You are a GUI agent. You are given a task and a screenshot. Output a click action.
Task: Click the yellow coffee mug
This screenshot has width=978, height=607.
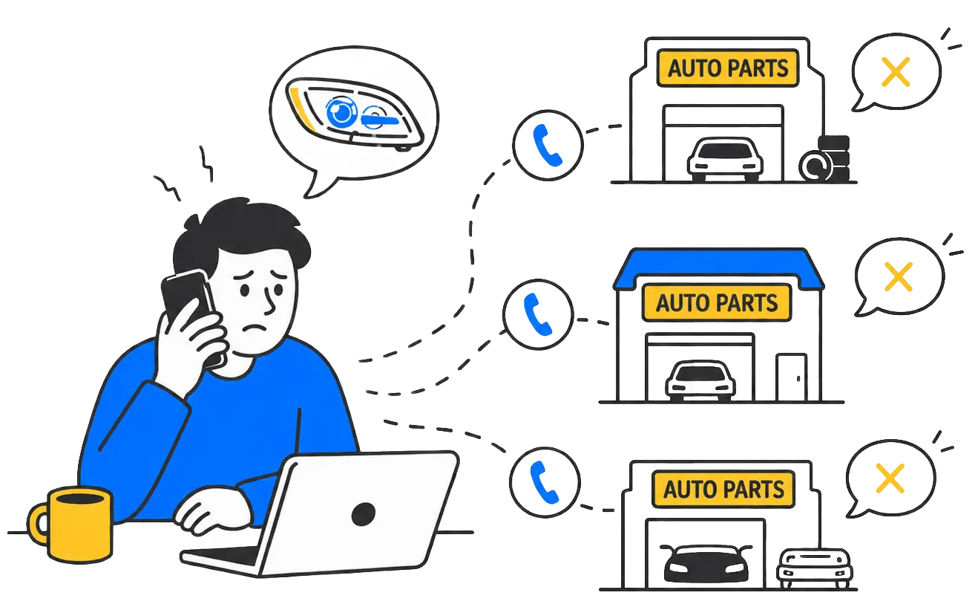point(72,525)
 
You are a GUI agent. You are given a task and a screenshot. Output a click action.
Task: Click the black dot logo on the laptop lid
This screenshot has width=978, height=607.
point(364,514)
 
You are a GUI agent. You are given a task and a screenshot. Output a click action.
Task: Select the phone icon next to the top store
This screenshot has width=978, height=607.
point(548,145)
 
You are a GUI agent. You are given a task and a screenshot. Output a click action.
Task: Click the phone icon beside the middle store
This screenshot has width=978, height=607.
point(538,314)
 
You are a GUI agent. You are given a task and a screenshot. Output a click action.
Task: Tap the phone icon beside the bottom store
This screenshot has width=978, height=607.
point(545,482)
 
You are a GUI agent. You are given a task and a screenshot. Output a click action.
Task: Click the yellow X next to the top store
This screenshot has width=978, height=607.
point(896,71)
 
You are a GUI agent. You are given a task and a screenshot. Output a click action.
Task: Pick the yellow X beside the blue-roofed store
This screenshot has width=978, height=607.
point(898,276)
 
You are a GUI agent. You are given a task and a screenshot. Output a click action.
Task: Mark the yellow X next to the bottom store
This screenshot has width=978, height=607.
point(890,478)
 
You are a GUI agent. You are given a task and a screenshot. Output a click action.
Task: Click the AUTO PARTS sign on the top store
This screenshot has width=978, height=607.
point(728,68)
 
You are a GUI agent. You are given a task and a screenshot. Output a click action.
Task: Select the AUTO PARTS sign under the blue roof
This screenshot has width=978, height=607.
point(717,302)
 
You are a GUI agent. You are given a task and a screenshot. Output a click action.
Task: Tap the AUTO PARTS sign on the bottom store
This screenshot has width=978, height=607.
point(723,489)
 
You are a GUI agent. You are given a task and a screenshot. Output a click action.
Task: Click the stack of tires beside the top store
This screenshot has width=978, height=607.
point(825,159)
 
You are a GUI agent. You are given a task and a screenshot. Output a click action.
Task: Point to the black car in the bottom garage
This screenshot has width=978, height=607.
point(706,564)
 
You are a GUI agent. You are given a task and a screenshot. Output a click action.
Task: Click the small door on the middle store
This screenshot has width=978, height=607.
point(792,377)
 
